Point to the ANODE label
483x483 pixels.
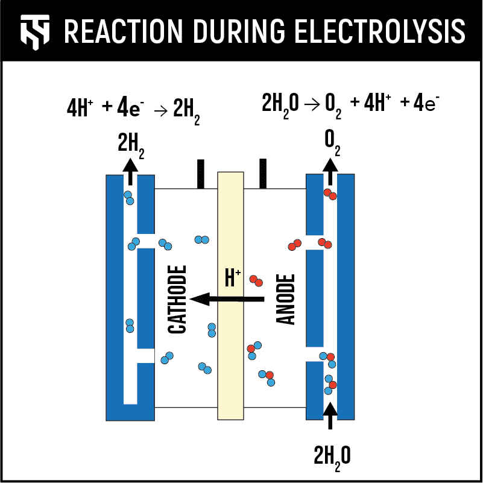[286, 299]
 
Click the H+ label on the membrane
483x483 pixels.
[232, 278]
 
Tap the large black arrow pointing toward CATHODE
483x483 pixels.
[227, 298]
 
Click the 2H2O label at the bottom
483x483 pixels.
[331, 456]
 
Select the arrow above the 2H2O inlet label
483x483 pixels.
[330, 416]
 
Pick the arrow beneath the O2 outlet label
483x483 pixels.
[330, 170]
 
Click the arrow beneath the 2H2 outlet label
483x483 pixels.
[129, 168]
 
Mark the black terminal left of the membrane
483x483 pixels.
[201, 174]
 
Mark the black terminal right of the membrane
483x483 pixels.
[263, 174]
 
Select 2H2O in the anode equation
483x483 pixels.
[280, 104]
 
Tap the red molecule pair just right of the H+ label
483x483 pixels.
[256, 280]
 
